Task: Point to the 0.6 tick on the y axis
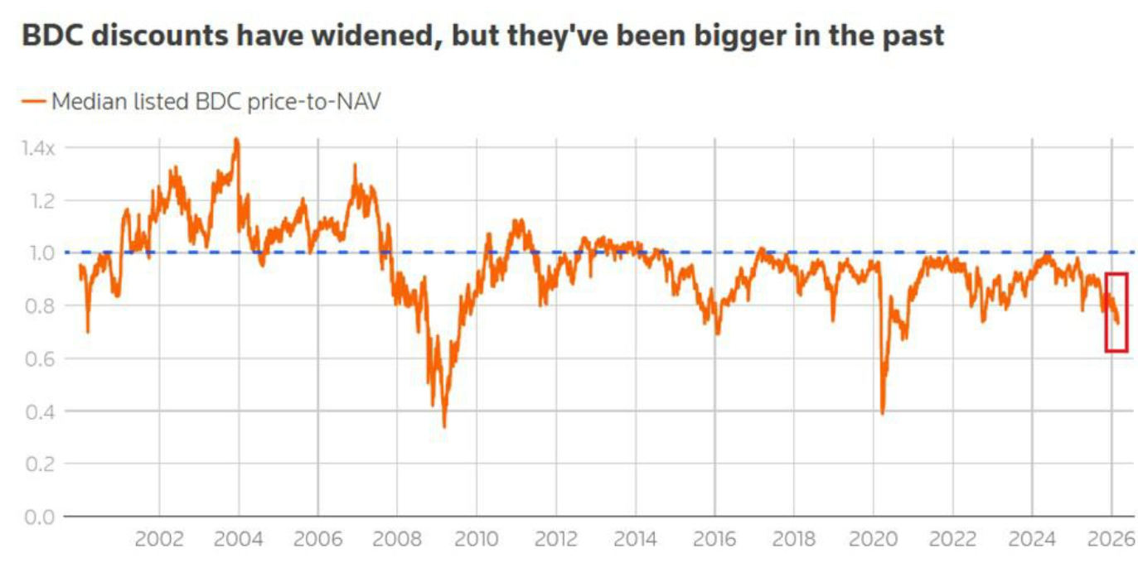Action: (36, 358)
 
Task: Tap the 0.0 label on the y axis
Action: (36, 517)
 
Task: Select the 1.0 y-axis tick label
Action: (36, 253)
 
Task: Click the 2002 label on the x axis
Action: (158, 540)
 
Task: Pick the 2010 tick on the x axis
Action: (476, 540)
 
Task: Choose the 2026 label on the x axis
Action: (1111, 540)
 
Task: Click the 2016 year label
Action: (714, 540)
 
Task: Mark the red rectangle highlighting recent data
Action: (1116, 312)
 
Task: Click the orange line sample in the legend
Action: (34, 102)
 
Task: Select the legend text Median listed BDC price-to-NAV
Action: (215, 102)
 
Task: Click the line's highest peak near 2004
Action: (236, 139)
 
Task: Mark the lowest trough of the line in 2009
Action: (444, 426)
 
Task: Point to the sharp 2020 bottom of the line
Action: (882, 413)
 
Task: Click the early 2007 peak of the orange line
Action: (355, 166)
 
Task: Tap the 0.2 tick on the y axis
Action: (36, 464)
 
